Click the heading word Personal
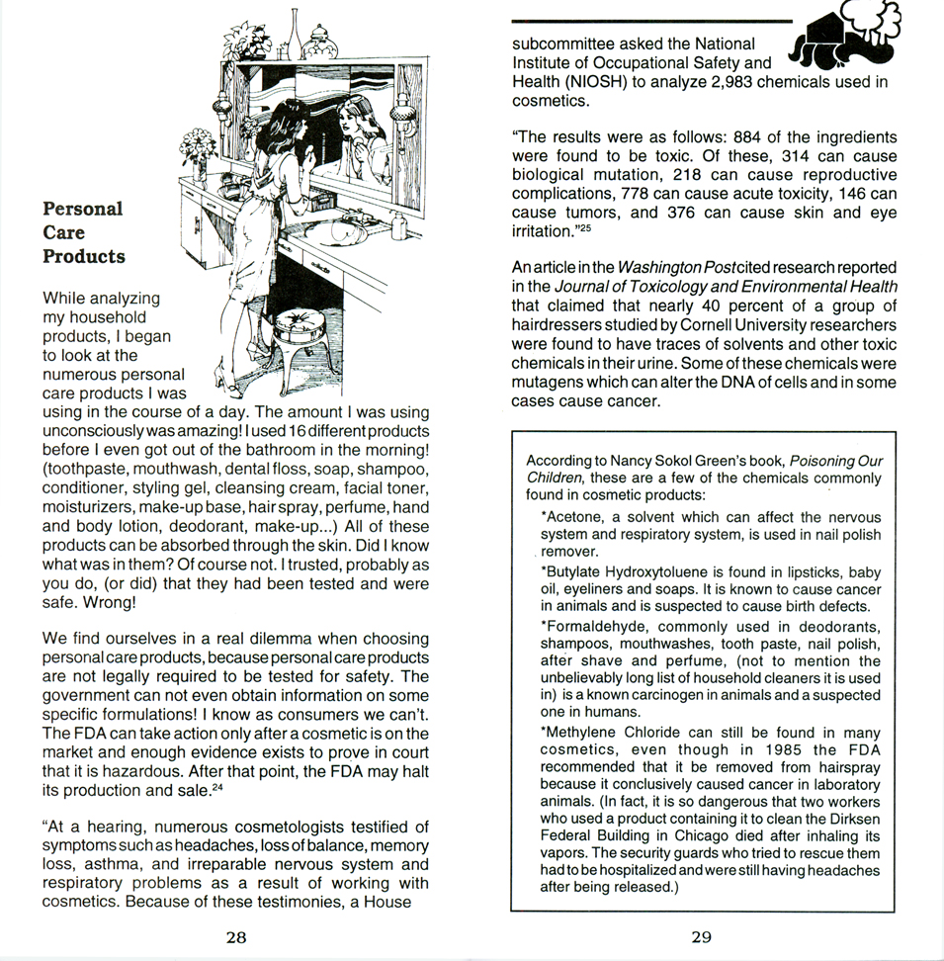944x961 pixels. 83,209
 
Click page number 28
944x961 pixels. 235,937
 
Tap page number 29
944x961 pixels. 701,937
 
